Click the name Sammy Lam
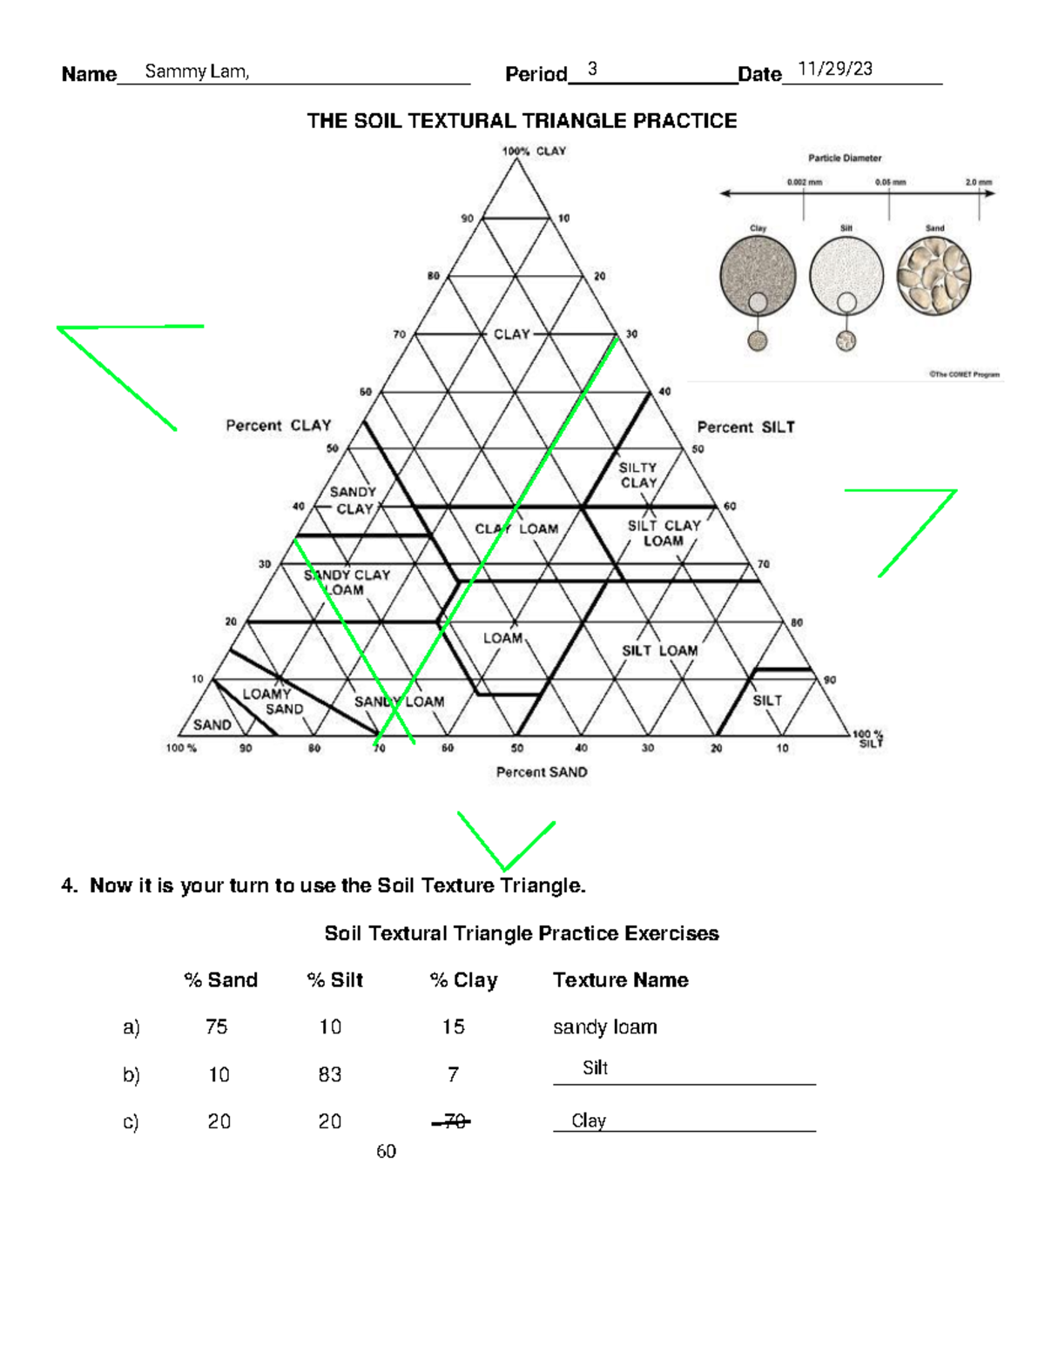click(x=197, y=71)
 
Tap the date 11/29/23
click(x=835, y=70)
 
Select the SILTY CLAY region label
click(x=637, y=475)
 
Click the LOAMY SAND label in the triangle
click(x=273, y=702)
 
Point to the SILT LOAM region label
click(x=659, y=650)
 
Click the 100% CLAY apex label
click(x=534, y=151)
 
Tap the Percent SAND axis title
click(x=542, y=772)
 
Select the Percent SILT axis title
click(x=745, y=427)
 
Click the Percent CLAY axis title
click(x=279, y=426)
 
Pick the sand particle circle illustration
click(x=934, y=276)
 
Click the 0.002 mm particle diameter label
click(x=804, y=183)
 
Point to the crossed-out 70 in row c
click(x=453, y=1122)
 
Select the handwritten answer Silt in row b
click(x=596, y=1068)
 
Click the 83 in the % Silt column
click(x=330, y=1075)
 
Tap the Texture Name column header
click(x=620, y=980)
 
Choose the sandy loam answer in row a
click(x=604, y=1027)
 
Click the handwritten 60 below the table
click(x=386, y=1152)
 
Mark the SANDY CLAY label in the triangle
click(x=354, y=501)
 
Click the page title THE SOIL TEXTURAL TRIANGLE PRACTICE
click(x=522, y=121)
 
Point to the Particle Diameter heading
click(x=845, y=158)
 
